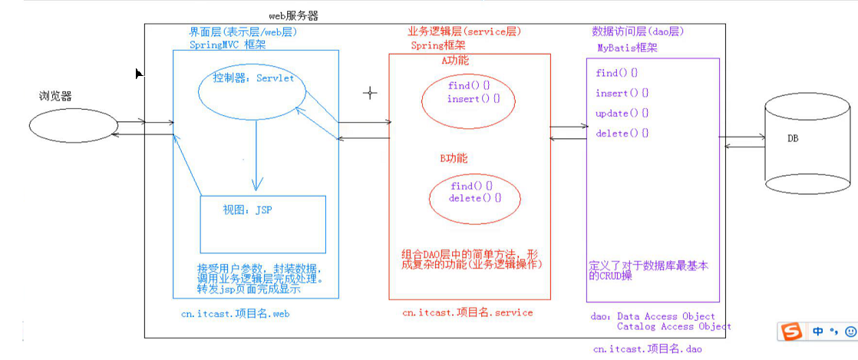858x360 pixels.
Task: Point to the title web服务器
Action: [293, 15]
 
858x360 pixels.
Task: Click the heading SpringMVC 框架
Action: [226, 45]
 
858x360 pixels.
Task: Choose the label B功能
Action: [454, 158]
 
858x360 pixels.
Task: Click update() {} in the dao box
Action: [622, 114]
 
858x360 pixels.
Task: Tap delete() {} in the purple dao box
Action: [622, 134]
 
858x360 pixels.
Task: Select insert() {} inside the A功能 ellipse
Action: [474, 99]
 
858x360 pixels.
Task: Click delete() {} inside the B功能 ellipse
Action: [475, 198]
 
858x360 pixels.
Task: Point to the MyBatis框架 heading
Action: [628, 48]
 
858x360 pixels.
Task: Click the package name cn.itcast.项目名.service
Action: [467, 312]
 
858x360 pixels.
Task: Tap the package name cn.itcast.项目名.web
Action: [235, 314]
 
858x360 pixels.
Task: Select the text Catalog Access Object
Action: [674, 326]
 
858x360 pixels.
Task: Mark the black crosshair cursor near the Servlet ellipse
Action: [370, 93]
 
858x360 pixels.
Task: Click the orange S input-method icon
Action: [790, 331]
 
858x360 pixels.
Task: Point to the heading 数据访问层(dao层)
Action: [638, 31]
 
